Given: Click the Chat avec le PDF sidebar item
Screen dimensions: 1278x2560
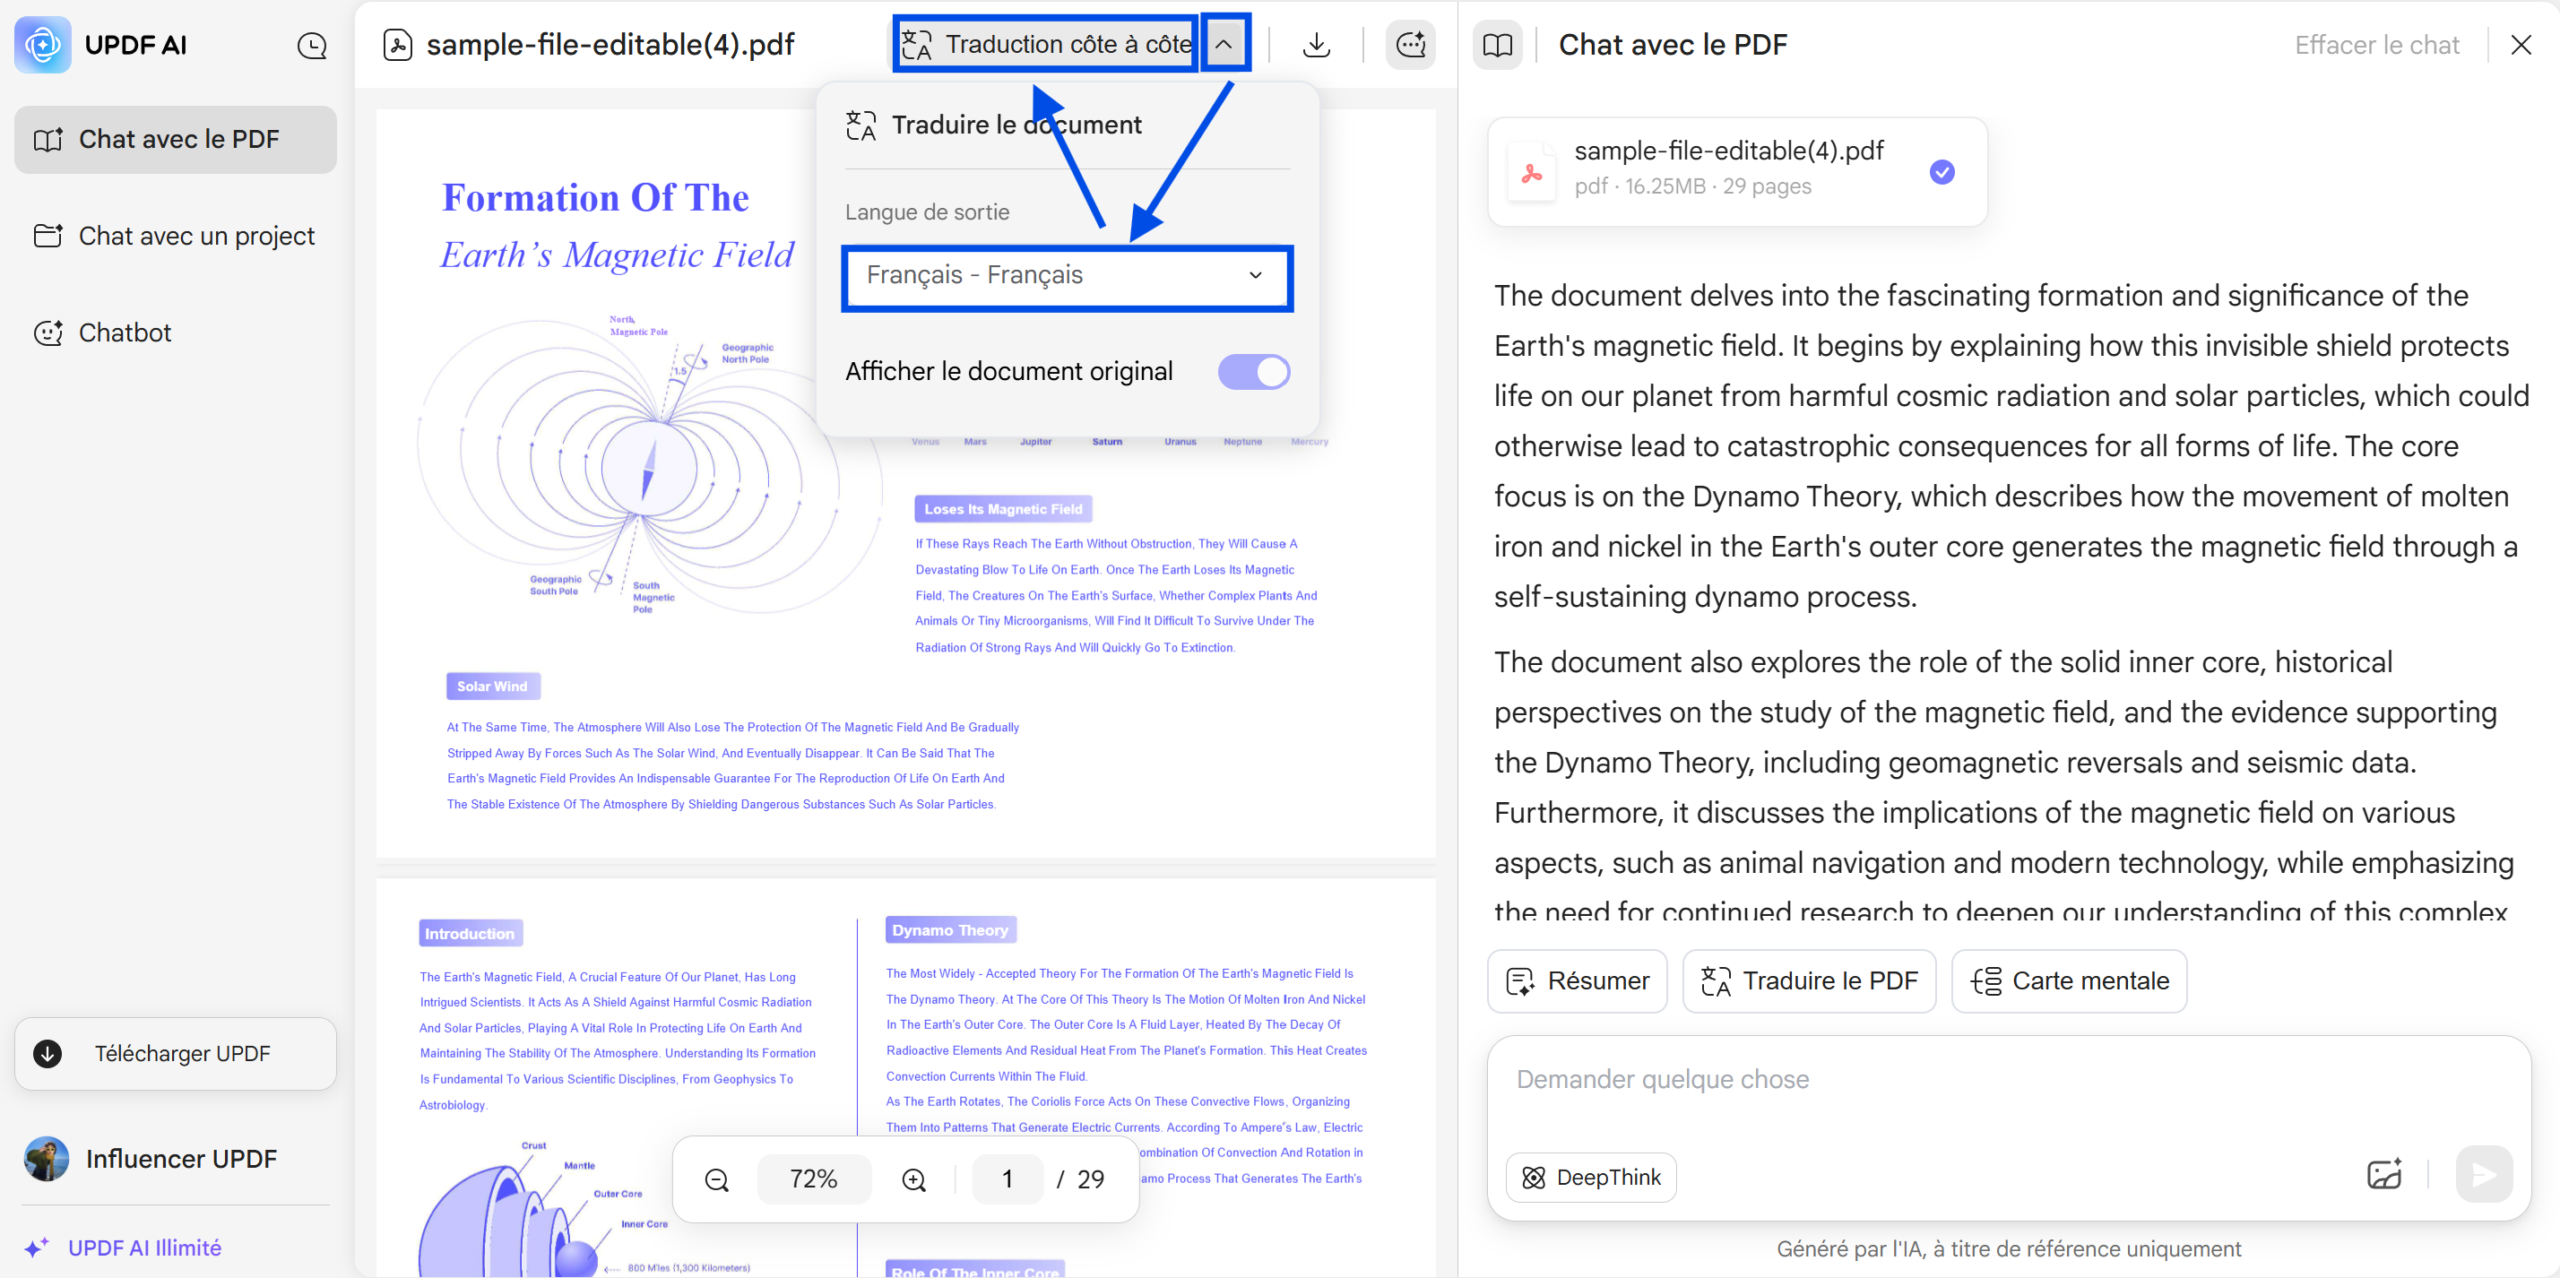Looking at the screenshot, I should [176, 140].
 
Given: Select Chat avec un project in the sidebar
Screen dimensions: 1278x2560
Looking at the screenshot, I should [176, 237].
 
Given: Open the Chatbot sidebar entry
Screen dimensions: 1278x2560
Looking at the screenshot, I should [125, 332].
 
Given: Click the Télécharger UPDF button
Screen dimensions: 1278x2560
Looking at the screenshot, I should [176, 1053].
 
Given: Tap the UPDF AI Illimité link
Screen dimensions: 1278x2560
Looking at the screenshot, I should [144, 1248].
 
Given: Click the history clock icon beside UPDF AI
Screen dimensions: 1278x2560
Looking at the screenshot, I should [312, 46].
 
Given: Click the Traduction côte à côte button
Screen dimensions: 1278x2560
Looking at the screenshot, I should [1045, 45].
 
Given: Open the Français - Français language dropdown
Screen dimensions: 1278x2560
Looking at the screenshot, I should [1067, 275].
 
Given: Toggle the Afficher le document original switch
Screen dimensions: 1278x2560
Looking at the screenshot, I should [1253, 372].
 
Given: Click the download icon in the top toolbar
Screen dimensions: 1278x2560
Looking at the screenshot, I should [1317, 45].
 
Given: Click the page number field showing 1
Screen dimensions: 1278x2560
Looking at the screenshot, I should [1007, 1179].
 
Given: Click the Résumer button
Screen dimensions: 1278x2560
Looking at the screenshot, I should [1578, 980].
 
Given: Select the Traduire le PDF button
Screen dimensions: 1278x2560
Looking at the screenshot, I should [1809, 980].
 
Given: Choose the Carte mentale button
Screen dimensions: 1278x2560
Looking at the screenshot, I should [2069, 980].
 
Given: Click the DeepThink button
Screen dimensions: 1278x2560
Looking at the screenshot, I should [1591, 1178].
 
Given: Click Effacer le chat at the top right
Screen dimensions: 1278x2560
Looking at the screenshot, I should [2376, 46].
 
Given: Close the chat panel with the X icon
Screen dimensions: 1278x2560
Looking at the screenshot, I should [2521, 46].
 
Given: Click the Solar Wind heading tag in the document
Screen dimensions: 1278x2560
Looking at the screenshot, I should [493, 686].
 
